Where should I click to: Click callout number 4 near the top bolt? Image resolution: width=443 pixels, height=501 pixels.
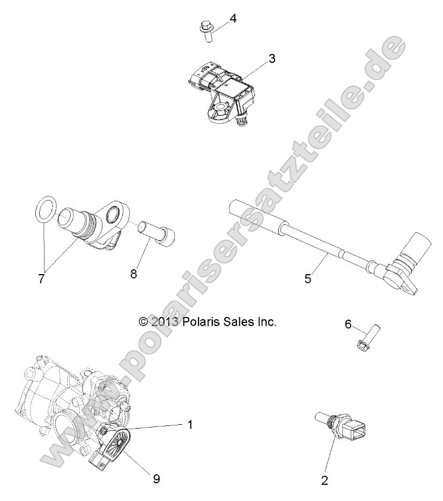(233, 18)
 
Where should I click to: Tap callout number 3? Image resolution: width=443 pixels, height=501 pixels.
(272, 58)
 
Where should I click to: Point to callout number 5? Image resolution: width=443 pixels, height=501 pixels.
(307, 278)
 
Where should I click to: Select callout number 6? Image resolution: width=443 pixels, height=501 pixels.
(348, 325)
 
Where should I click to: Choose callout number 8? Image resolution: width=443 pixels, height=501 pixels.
(134, 274)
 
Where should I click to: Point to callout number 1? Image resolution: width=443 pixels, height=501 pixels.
(189, 424)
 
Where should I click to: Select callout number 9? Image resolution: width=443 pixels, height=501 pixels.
(156, 478)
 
